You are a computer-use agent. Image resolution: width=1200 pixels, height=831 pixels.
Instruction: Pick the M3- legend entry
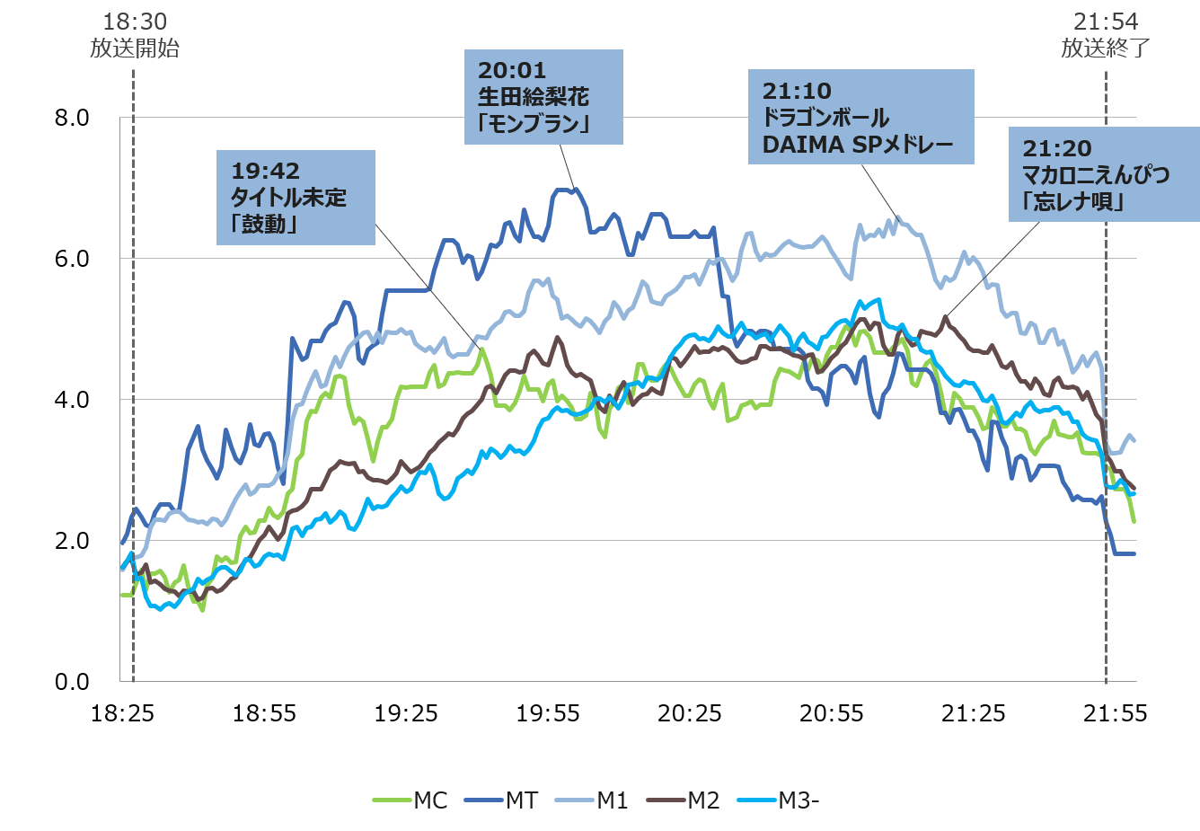coord(780,800)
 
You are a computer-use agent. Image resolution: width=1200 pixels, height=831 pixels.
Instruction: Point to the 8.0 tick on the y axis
coord(72,118)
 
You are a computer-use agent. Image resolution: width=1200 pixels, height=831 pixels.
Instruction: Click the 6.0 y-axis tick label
coord(72,259)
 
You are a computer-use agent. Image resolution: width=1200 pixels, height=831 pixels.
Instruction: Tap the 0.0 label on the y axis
coord(72,682)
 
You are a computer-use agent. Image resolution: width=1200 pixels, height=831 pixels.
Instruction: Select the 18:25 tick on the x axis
coord(123,713)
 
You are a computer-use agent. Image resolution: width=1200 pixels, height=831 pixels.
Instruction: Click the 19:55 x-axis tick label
coord(548,713)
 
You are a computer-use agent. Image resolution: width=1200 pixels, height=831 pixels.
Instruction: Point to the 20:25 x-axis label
coord(690,713)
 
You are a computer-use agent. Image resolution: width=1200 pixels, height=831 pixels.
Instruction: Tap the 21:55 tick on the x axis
coord(1115,713)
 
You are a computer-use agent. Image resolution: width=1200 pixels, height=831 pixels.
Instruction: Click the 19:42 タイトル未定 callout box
coord(296,198)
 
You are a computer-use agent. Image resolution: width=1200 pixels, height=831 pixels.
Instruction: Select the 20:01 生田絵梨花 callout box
coord(543,97)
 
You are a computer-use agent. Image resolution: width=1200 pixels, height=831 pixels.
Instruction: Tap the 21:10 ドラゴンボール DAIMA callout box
coord(860,118)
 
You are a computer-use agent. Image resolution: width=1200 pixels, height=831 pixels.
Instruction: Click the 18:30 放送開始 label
coord(135,35)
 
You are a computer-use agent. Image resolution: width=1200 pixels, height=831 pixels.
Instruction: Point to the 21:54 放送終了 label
coord(1106,35)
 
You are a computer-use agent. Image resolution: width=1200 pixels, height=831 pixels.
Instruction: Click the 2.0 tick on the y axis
coord(72,541)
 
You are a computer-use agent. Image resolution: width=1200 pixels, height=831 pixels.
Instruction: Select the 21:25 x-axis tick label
coord(973,713)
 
